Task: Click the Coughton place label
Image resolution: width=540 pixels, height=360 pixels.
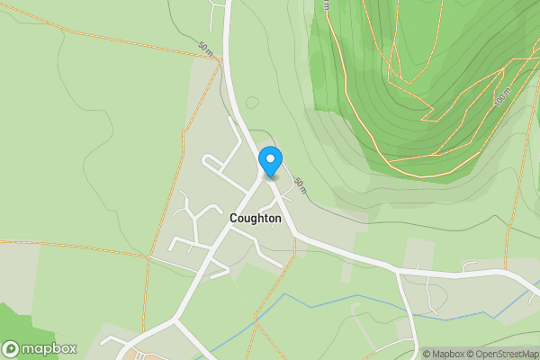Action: pyautogui.click(x=256, y=218)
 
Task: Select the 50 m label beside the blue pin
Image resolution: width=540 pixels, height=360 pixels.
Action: pyautogui.click(x=300, y=186)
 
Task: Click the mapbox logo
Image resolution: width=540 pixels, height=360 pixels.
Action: pyautogui.click(x=40, y=349)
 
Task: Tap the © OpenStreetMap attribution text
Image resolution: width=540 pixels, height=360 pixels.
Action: pyautogui.click(x=505, y=354)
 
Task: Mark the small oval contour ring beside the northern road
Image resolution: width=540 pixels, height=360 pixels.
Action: pyautogui.click(x=253, y=102)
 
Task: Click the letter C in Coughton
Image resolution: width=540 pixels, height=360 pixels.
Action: pyautogui.click(x=234, y=218)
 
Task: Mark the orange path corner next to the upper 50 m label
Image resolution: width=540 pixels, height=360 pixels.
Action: pyautogui.click(x=220, y=62)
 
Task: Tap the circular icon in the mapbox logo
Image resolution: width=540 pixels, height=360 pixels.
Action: pyautogui.click(x=11, y=349)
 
